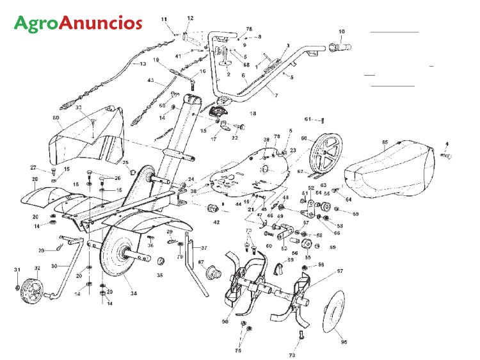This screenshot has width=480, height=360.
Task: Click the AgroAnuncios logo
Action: click(x=78, y=24)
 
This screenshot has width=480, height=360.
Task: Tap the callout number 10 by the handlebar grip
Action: click(x=341, y=31)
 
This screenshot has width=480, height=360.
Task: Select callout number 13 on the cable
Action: click(x=143, y=64)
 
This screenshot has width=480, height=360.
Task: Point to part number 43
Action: click(x=151, y=81)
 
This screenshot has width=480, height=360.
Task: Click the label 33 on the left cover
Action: click(x=79, y=108)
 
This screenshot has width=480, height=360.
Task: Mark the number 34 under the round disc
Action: click(x=133, y=293)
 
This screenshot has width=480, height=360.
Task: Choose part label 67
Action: click(x=200, y=261)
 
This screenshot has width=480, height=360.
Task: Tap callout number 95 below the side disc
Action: click(x=344, y=342)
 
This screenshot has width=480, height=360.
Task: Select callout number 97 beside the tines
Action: click(x=340, y=272)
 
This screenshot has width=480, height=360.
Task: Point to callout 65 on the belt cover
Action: click(x=385, y=142)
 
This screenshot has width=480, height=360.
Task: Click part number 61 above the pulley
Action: click(x=307, y=119)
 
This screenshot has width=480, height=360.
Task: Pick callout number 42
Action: click(x=216, y=222)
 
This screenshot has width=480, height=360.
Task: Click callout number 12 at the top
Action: click(x=190, y=18)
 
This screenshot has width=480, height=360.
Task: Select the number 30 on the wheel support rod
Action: click(x=54, y=266)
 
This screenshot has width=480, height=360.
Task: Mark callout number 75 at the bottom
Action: click(x=238, y=351)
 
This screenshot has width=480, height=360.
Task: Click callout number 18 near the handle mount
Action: click(x=252, y=113)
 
